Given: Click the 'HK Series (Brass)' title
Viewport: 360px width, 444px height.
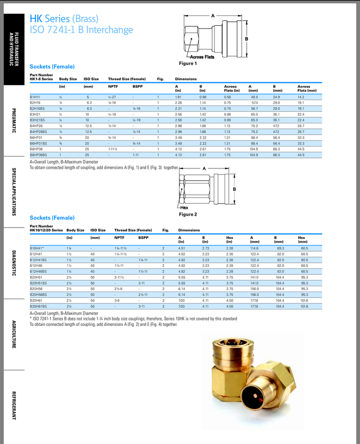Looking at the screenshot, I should pyautogui.click(x=64, y=19).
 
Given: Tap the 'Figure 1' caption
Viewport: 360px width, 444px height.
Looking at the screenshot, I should pyautogui.click(x=188, y=63).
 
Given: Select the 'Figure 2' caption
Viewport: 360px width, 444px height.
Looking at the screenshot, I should pyautogui.click(x=188, y=214).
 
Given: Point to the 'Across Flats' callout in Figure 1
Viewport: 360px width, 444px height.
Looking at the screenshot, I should pyautogui.click(x=202, y=57).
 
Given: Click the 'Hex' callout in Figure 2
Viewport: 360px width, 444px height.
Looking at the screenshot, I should pyautogui.click(x=184, y=208).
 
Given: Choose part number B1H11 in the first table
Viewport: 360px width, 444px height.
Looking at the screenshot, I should pyautogui.click(x=35, y=97).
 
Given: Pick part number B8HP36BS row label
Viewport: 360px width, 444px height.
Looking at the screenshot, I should pyautogui.click(x=38, y=155).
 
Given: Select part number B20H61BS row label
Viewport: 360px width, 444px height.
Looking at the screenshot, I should pyautogui.click(x=38, y=307).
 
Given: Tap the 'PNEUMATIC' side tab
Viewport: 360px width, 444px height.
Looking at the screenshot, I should pyautogui.click(x=14, y=120).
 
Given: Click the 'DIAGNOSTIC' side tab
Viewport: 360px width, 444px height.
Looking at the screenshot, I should pyautogui.click(x=14, y=263).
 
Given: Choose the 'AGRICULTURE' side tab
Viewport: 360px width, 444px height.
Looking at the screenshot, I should pyautogui.click(x=14, y=334).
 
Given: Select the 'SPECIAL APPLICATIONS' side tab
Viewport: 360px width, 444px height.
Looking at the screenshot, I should pyautogui.click(x=14, y=192).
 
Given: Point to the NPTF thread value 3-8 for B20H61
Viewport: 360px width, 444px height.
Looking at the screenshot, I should pyautogui.click(x=117, y=301).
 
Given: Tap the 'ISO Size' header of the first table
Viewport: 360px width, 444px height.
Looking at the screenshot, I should pyautogui.click(x=91, y=79).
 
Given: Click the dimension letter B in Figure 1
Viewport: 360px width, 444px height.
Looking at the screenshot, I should pyautogui.click(x=247, y=39).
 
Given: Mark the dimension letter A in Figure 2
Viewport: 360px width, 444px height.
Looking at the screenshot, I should pyautogui.click(x=204, y=169).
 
